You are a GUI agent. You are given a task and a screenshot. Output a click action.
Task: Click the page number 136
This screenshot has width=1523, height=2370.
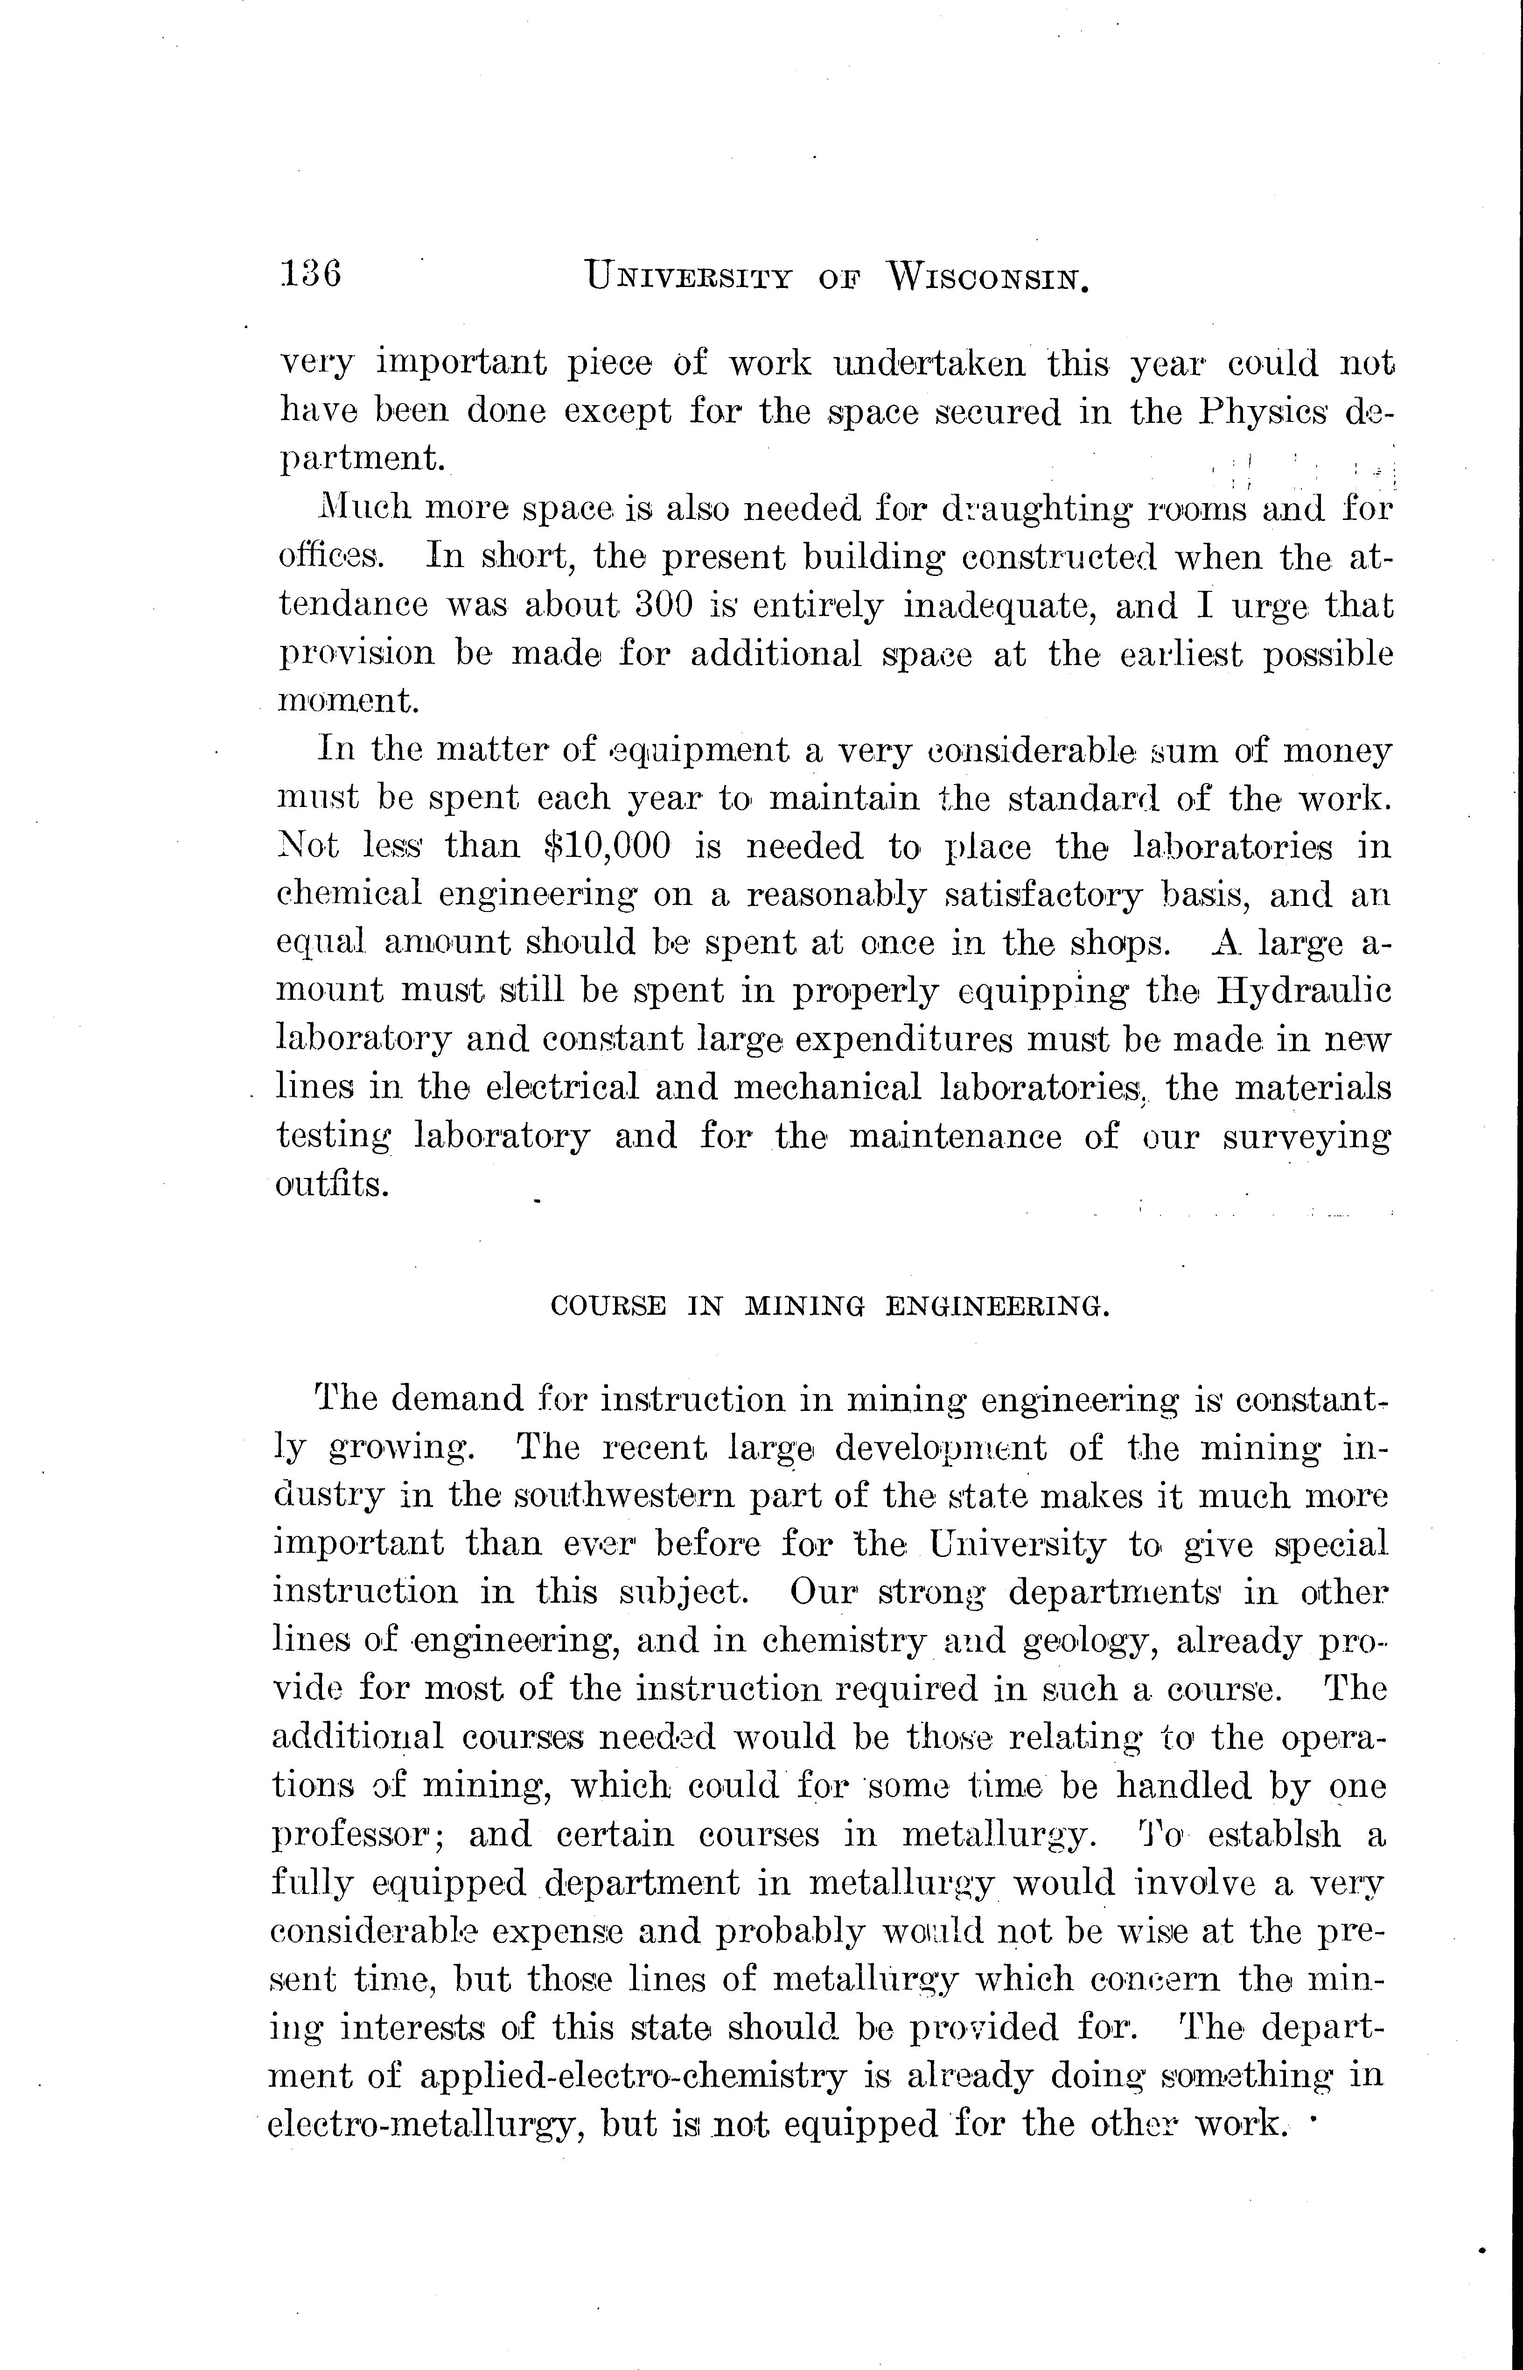(311, 273)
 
